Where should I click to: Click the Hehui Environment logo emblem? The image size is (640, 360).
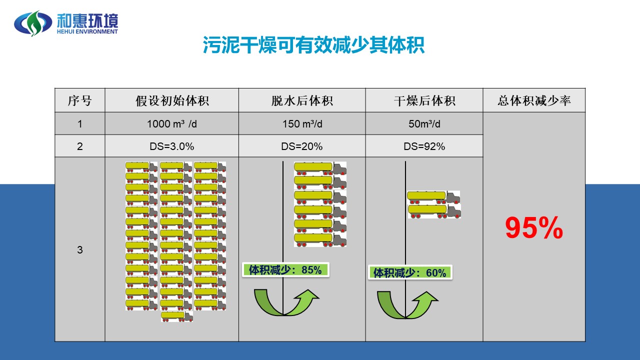click(33, 23)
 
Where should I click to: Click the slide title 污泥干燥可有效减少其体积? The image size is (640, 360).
click(313, 45)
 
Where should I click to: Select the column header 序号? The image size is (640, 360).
click(80, 100)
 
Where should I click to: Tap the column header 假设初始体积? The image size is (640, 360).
click(172, 100)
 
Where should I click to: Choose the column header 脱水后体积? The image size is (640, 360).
click(302, 100)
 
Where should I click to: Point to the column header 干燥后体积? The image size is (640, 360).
click(424, 100)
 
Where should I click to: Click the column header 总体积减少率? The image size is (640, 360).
click(534, 100)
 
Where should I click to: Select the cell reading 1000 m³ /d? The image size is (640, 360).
click(172, 124)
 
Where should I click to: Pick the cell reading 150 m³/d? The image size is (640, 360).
click(302, 124)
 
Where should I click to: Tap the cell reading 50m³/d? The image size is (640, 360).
click(424, 124)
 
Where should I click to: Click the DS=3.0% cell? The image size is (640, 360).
click(172, 146)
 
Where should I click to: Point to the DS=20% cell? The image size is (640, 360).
click(302, 146)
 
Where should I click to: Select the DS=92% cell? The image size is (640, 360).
click(424, 146)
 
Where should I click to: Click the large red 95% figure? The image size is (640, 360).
click(534, 228)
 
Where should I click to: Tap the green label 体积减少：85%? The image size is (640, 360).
click(285, 270)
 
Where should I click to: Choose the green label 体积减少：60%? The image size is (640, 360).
click(410, 272)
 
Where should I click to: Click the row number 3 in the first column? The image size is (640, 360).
click(80, 250)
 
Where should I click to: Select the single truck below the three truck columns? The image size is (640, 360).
click(177, 316)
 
